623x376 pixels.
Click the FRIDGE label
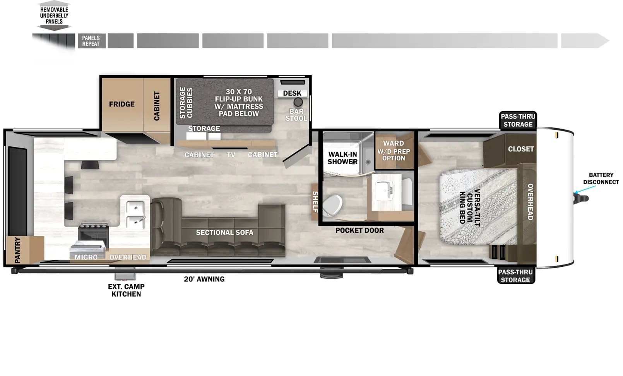click(122, 104)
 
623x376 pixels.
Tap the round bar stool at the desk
click(298, 102)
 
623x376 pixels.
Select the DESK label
click(292, 93)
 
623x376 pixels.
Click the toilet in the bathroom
click(332, 205)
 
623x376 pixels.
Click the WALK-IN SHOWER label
click(342, 158)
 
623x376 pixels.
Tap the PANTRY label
click(17, 250)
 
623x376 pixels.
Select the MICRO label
click(86, 257)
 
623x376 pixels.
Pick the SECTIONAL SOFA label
click(225, 232)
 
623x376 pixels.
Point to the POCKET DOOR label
click(359, 230)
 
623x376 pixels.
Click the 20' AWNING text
click(204, 279)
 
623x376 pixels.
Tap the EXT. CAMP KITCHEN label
click(126, 290)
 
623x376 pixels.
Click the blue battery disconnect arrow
click(585, 189)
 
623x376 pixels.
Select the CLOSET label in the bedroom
click(521, 149)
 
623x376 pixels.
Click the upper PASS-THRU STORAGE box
click(518, 120)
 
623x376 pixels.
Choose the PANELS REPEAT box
click(91, 41)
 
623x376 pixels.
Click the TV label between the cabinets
click(231, 155)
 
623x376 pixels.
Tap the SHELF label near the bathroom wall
click(315, 202)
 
